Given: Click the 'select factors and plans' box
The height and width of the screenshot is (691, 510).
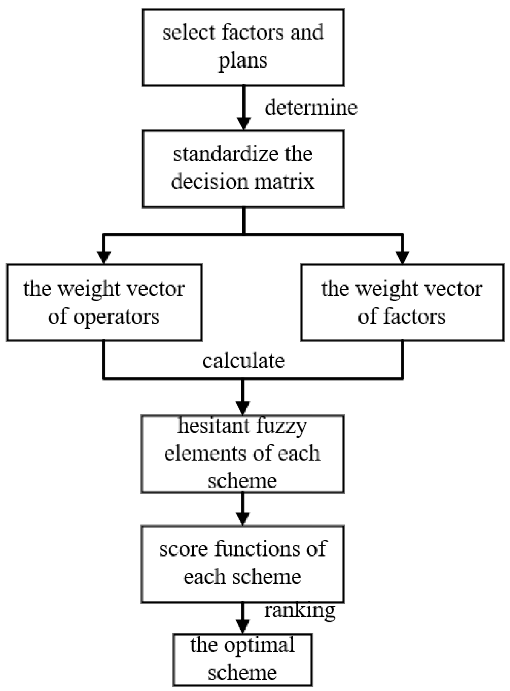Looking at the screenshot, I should click(x=243, y=47).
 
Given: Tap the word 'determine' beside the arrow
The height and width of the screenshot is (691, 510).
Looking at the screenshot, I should click(x=311, y=108).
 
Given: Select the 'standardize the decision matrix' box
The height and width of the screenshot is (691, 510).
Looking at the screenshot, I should click(x=243, y=168).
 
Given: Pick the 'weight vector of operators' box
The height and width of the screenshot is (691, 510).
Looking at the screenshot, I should click(x=104, y=303).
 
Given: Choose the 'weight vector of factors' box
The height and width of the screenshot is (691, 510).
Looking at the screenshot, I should click(x=402, y=303).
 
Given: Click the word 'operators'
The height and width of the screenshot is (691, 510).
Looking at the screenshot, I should click(x=116, y=317).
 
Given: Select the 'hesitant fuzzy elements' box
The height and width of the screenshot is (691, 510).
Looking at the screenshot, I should click(x=243, y=454).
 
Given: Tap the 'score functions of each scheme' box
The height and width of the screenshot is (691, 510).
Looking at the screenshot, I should click(x=243, y=564).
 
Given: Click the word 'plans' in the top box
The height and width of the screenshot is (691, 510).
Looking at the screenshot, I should click(x=243, y=61).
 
